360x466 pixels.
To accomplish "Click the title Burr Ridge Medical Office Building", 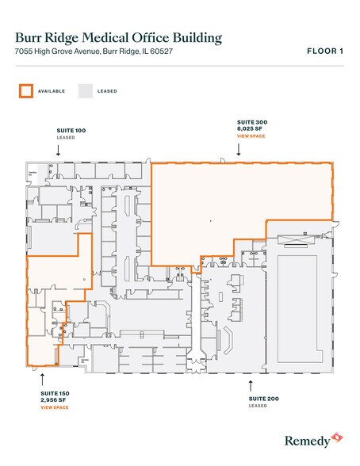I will coord(118,37).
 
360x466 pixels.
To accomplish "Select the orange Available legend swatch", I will coord(25,90).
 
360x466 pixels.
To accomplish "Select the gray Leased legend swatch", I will coord(85,90).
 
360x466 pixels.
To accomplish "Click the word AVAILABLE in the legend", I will coord(52,91).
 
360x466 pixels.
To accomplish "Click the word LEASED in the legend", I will coord(107,91).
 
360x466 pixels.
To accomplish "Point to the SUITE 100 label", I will coord(71,128).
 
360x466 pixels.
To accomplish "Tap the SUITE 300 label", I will coord(253,121).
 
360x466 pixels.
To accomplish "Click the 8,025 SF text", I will coord(251,128).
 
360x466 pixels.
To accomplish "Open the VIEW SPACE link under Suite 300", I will coord(252,136).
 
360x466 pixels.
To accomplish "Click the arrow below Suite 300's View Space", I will coord(239,151).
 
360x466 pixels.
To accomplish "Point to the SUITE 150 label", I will coord(56,393).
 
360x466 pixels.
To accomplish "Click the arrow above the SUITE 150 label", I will coord(42,378).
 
